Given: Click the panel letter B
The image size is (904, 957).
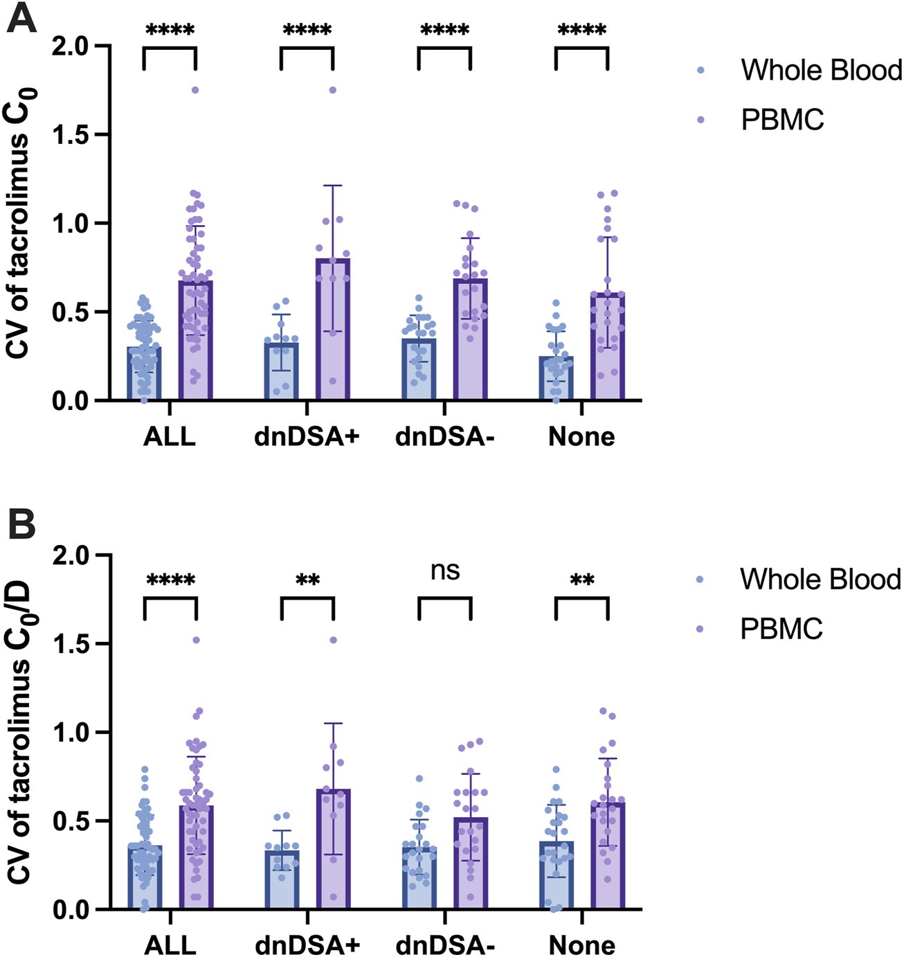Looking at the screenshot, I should (x=21, y=526).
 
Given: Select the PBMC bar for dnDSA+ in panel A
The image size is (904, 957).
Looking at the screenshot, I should (x=333, y=332).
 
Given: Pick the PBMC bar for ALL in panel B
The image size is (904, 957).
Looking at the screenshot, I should (x=196, y=859).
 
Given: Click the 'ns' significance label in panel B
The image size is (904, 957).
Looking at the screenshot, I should (x=445, y=571).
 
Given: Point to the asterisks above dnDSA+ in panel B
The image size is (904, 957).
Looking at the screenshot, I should (x=307, y=580).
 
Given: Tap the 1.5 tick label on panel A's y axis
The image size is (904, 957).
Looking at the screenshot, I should (x=73, y=134).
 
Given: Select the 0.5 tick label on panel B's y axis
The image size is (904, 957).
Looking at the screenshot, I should (x=73, y=821).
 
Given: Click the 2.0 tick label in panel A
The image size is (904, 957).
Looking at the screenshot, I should (x=73, y=46).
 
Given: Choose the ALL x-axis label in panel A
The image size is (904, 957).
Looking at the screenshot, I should (x=170, y=437).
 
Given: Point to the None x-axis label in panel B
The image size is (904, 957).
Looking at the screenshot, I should (x=581, y=945).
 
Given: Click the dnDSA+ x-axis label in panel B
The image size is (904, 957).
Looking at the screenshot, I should (x=307, y=945).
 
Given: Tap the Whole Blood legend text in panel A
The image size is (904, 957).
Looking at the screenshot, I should (x=822, y=71).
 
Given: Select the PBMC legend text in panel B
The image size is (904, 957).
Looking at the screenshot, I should (x=781, y=629).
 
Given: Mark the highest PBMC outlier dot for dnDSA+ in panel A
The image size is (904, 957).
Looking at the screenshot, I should (x=333, y=90).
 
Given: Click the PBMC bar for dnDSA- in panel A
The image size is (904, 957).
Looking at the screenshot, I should (x=471, y=339).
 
